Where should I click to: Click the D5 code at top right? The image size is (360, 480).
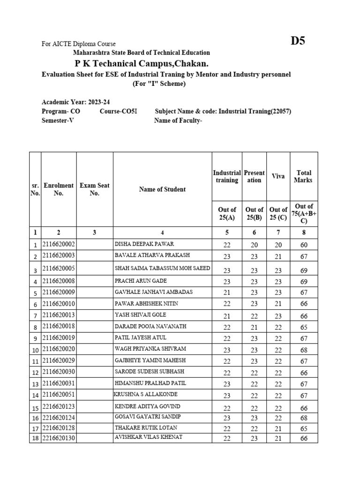coord(298,41)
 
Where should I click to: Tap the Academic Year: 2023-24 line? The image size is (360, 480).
coord(76,102)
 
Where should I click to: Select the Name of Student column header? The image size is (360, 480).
coord(162,189)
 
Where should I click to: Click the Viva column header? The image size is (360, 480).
coord(278,176)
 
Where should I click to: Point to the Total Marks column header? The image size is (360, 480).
coord(304,176)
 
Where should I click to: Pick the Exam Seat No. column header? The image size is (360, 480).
coord(94,189)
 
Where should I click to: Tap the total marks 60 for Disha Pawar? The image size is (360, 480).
coord(304,245)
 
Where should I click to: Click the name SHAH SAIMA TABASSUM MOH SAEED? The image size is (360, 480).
coord(162,268)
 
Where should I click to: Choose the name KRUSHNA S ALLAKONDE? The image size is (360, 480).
coord(146,394)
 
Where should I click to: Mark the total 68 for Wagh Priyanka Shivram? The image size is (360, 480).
coord(304,351)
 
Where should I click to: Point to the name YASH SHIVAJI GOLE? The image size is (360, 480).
coord(140,315)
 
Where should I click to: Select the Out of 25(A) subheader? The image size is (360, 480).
coord(227,213)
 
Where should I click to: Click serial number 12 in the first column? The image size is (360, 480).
coord(35,373)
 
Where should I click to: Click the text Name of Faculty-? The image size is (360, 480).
coord(178,120)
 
